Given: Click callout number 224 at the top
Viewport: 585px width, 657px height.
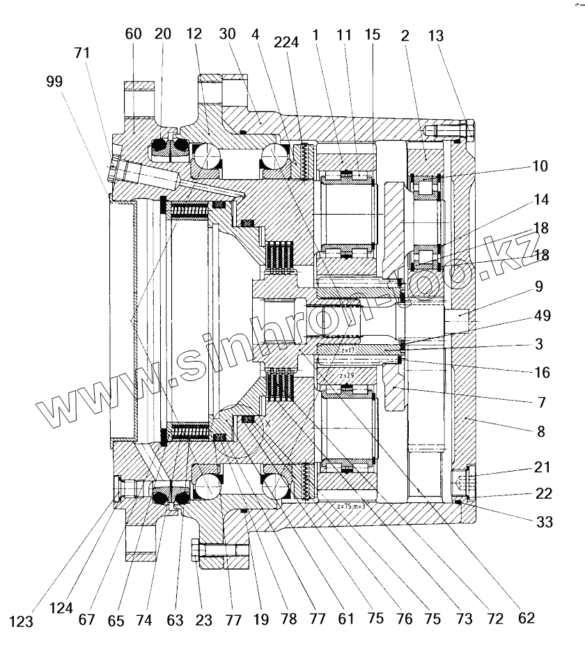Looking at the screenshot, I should click(x=286, y=42).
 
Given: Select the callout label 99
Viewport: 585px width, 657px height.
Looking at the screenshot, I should click(x=54, y=81).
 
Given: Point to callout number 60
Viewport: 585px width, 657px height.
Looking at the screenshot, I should click(x=133, y=33).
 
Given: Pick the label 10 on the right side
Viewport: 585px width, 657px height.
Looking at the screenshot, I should click(x=540, y=167).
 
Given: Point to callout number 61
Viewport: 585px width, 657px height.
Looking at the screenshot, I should click(x=346, y=618).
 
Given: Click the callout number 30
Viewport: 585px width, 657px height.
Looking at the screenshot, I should click(x=227, y=33).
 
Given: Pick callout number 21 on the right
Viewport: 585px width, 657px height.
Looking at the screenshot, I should click(x=543, y=466).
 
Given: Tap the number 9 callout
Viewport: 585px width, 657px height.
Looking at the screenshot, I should click(x=540, y=286).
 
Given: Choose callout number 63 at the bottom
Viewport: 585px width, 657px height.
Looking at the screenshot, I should click(x=175, y=617).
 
